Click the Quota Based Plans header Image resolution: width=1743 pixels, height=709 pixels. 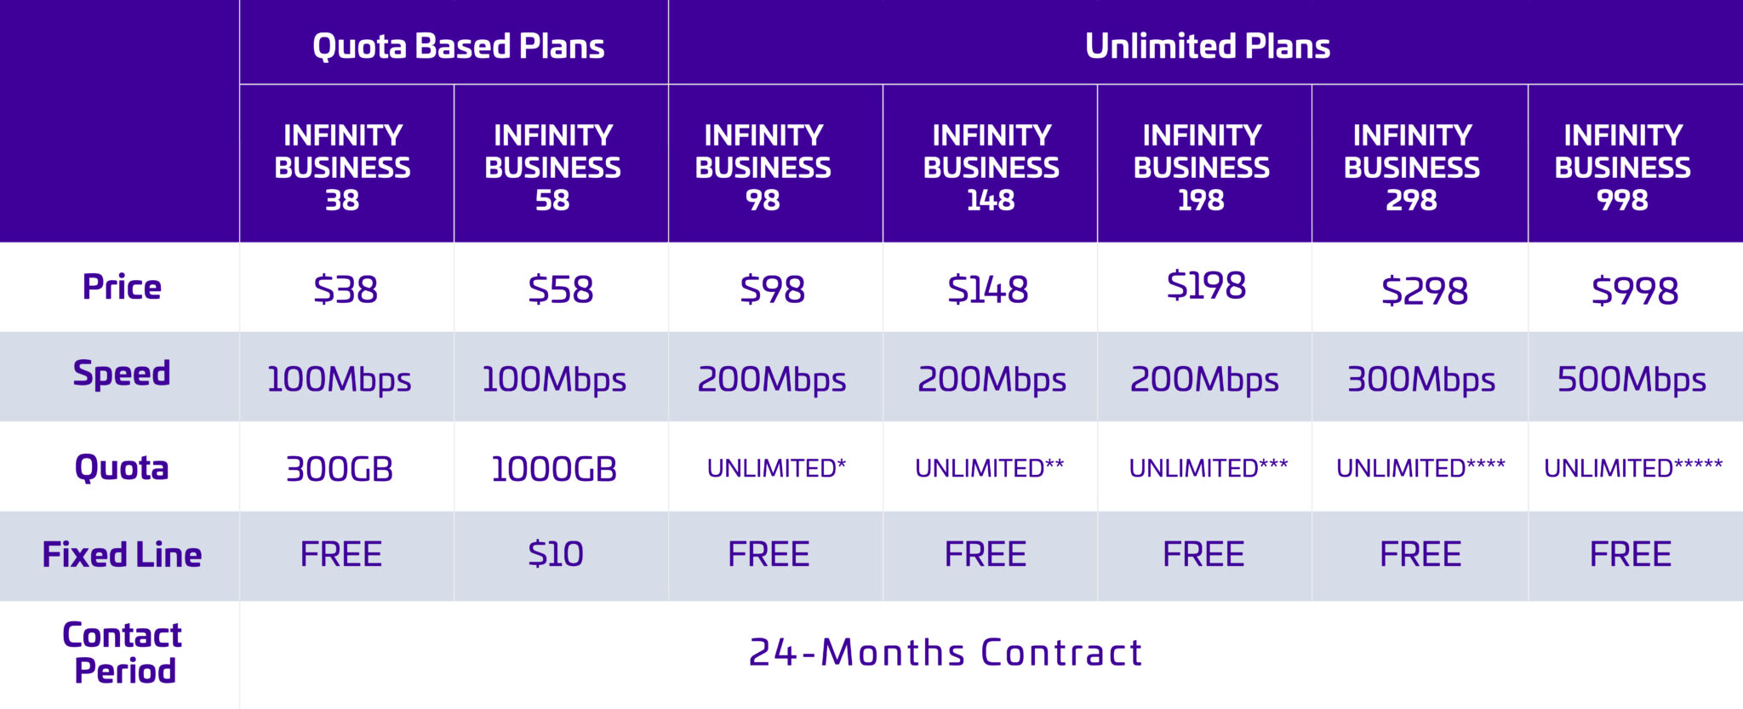458,46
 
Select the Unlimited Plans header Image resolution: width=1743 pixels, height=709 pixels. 1207,46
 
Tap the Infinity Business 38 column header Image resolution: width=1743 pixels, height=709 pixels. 342,167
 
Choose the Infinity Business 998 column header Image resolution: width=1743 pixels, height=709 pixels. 1622,167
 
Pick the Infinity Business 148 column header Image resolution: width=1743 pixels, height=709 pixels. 991,167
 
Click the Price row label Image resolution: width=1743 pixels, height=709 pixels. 122,287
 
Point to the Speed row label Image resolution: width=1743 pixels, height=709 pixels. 122,375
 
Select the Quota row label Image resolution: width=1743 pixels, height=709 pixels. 122,468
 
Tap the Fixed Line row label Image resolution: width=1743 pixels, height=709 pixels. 122,555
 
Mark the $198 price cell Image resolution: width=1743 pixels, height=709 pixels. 1206,286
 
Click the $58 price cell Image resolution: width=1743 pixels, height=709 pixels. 560,290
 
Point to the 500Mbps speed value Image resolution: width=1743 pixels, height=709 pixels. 1632,380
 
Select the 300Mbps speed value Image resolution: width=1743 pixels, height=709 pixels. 1420,380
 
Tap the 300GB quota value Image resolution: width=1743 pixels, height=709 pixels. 340,469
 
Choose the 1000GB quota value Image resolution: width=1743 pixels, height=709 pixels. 554,469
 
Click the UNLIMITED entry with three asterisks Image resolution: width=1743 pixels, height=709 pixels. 1208,467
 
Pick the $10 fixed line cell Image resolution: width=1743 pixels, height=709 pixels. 556,555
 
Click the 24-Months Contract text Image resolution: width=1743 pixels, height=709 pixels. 946,653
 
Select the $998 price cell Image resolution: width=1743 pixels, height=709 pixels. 1635,291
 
